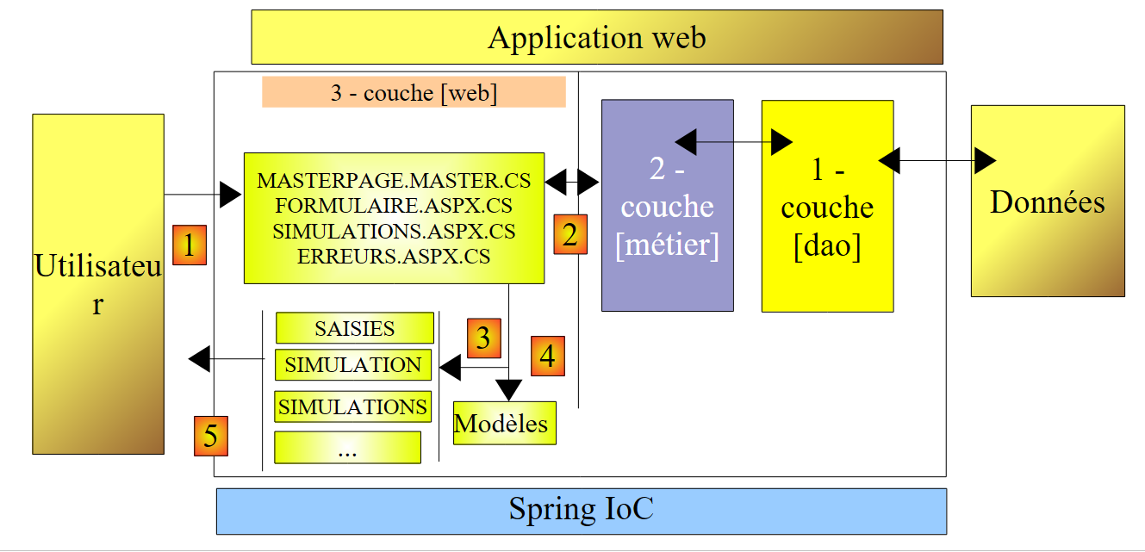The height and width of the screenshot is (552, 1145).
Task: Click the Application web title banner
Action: point(597,37)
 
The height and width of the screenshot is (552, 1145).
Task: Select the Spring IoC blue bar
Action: point(581,511)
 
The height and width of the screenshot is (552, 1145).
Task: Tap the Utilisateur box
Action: point(98,284)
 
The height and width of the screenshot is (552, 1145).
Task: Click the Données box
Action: point(1048,202)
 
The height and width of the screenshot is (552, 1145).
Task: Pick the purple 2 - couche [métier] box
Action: point(668,206)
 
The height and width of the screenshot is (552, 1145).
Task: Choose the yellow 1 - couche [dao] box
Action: point(827,207)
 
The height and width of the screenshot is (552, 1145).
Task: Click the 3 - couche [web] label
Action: point(414,93)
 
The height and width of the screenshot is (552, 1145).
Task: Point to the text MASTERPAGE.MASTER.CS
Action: point(394,182)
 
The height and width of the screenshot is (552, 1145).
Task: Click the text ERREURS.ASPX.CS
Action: point(394,257)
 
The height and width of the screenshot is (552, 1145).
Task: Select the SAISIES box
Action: point(354,328)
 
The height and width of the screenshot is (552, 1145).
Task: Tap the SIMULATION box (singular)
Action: point(352,365)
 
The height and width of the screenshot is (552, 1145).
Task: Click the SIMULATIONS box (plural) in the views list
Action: point(352,406)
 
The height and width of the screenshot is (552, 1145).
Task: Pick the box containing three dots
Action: point(347,448)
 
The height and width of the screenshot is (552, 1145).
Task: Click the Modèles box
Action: point(504,424)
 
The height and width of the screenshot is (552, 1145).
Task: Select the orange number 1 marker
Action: point(190,245)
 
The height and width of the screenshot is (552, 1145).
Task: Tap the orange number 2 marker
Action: point(570,234)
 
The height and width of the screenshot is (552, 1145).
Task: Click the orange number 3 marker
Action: point(483,338)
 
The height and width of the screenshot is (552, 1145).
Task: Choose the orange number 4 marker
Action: point(548,355)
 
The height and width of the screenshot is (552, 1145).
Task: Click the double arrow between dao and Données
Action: point(937,160)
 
